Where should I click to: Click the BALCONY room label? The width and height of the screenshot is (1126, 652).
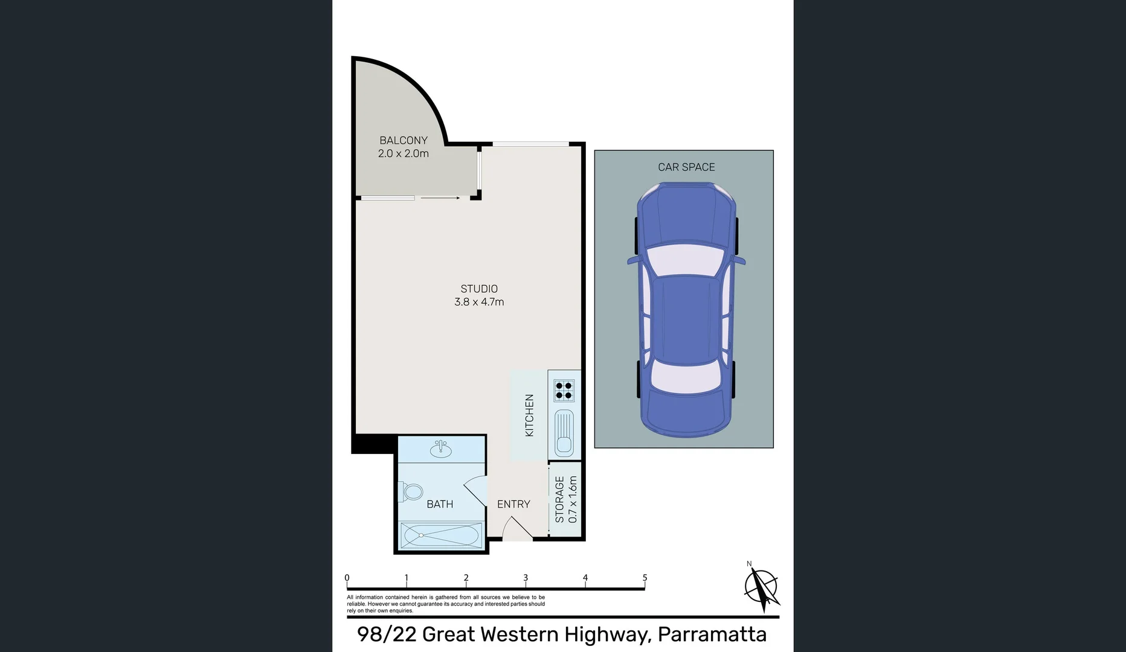coord(404,140)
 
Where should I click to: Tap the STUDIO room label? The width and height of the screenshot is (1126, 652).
coord(479,289)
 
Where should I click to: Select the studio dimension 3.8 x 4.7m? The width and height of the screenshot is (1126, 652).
coord(479,302)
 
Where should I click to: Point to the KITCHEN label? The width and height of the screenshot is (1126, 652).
coord(529,415)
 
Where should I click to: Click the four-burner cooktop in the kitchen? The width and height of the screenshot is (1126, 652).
coord(564,391)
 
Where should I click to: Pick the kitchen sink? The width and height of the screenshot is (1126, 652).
coord(564,432)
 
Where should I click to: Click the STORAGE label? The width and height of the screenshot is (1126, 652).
coord(559,500)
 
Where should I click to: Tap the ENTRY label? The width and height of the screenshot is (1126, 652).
coord(513,504)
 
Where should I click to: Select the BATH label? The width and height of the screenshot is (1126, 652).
coord(440,504)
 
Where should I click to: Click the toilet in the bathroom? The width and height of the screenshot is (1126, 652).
coord(411,491)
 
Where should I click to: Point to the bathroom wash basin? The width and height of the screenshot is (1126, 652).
coord(441,449)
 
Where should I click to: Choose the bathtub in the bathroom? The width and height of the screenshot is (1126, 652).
coord(442,535)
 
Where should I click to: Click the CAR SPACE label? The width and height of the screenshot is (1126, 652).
coord(686,167)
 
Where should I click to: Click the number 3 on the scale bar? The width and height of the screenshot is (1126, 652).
coord(526,578)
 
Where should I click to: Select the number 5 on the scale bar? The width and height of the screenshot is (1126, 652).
coord(645,578)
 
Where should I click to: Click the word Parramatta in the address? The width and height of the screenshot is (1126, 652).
coord(712,634)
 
